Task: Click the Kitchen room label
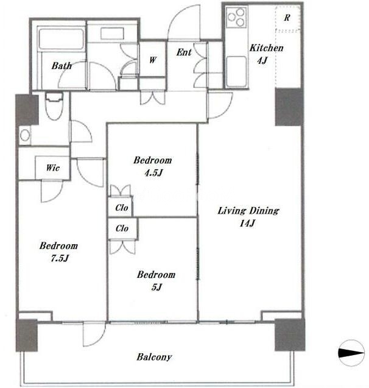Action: pyautogui.click(x=266, y=54)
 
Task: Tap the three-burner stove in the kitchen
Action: pyautogui.click(x=236, y=17)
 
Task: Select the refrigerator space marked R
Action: pyautogui.click(x=287, y=19)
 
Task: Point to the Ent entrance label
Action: pyautogui.click(x=184, y=52)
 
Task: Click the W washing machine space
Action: pyautogui.click(x=153, y=60)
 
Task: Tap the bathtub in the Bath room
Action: pyautogui.click(x=61, y=40)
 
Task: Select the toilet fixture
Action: pyautogui.click(x=54, y=106)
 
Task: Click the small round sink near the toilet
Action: pyautogui.click(x=25, y=135)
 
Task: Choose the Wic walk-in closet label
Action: pyautogui.click(x=53, y=168)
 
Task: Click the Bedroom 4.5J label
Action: pyautogui.click(x=153, y=166)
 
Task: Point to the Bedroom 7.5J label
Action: pyautogui.click(x=58, y=252)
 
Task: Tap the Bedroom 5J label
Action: pyautogui.click(x=156, y=281)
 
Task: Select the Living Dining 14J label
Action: pyautogui.click(x=248, y=217)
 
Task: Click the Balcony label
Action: pyautogui.click(x=154, y=357)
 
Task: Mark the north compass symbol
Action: pyautogui.click(x=351, y=353)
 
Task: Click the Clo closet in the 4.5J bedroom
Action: pyautogui.click(x=121, y=207)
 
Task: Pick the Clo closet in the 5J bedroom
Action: pyautogui.click(x=123, y=228)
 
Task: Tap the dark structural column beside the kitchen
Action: pyautogui.click(x=289, y=107)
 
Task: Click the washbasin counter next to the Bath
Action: pyautogui.click(x=112, y=34)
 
